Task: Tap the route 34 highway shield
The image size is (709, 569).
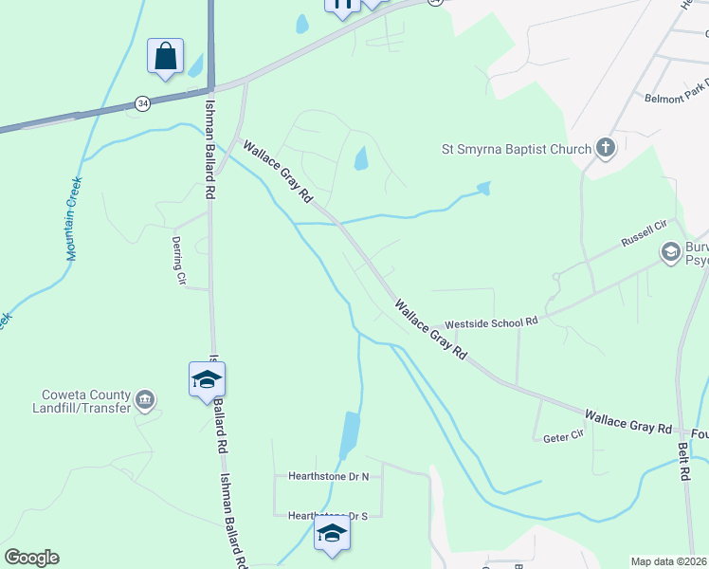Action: click(x=142, y=103)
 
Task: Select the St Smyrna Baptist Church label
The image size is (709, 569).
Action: click(x=516, y=148)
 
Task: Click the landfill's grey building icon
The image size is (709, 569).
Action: click(x=145, y=398)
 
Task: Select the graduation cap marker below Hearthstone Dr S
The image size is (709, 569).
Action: click(x=332, y=533)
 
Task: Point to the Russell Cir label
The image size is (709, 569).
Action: click(x=645, y=229)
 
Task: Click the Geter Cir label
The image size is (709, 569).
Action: click(x=561, y=438)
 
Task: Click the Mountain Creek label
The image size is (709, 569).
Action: click(x=73, y=218)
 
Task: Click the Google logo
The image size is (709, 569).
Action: click(x=31, y=558)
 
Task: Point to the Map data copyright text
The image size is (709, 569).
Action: click(x=669, y=561)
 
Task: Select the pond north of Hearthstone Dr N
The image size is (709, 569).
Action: click(x=349, y=433)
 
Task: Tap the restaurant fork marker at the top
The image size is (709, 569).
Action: click(x=342, y=6)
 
